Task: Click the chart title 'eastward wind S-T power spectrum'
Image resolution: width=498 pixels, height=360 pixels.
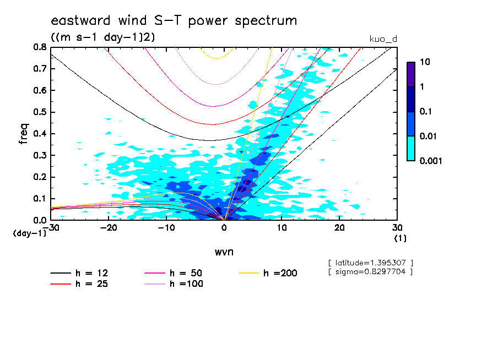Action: pos(174,21)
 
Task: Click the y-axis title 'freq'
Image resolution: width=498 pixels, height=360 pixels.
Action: pos(23,134)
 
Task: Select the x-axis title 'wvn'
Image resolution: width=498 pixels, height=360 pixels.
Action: pos(224,252)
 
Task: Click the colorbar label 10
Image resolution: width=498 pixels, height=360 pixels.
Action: pos(425,62)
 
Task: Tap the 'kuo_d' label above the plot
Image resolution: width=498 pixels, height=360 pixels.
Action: pos(383,39)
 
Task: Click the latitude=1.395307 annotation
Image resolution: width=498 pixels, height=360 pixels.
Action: pos(370,263)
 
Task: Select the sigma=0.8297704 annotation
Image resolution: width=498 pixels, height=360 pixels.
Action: pos(370,271)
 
